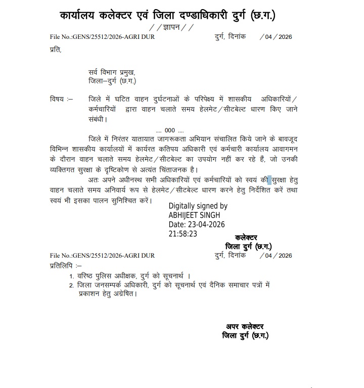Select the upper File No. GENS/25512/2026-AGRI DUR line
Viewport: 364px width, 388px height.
(x=102, y=37)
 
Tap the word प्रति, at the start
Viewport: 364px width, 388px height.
(x=56, y=50)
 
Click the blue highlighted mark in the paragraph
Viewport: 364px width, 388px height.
(x=269, y=180)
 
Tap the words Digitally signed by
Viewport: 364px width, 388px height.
(x=198, y=206)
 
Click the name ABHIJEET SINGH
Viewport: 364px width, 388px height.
(x=194, y=215)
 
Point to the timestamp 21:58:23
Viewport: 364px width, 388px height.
(x=183, y=234)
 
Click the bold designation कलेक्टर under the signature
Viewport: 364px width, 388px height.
(x=246, y=237)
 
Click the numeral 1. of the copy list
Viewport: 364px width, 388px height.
(x=72, y=276)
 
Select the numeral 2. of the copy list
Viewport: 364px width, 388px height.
(x=72, y=285)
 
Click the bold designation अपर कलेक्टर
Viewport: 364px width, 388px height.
(x=245, y=327)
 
